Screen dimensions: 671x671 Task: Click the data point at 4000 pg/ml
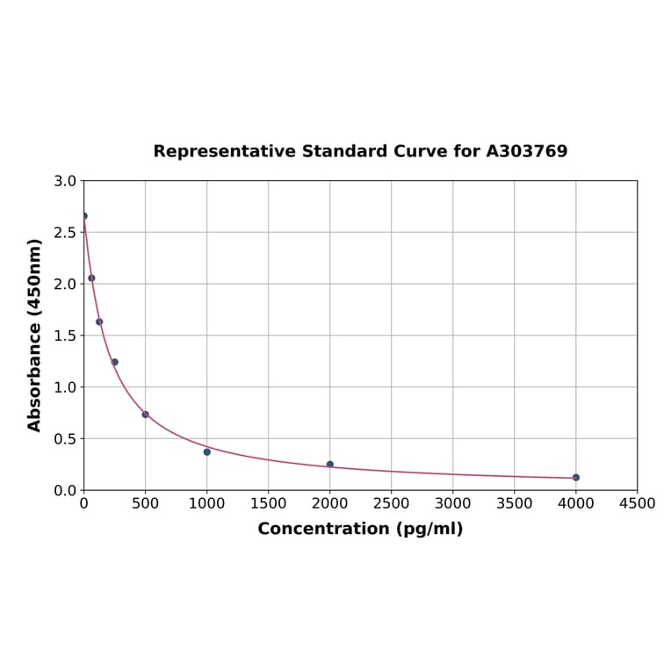click(x=575, y=478)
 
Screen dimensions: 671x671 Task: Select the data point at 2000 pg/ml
click(x=330, y=465)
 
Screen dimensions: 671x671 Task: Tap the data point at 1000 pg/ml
click(x=207, y=451)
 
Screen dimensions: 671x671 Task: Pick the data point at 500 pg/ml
click(x=146, y=415)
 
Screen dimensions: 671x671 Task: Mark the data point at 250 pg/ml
click(x=114, y=362)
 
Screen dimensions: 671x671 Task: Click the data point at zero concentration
click(x=84, y=216)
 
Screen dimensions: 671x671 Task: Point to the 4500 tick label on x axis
click(x=637, y=503)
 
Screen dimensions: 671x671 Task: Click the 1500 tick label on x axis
click(x=268, y=503)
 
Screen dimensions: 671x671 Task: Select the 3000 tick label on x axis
click(x=452, y=503)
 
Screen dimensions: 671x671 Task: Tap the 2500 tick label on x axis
click(x=391, y=503)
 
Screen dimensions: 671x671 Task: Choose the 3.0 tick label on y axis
click(x=65, y=181)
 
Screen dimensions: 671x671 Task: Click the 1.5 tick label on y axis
click(x=65, y=335)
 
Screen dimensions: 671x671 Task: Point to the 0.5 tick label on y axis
click(x=65, y=438)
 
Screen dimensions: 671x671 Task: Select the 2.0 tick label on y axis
click(x=65, y=284)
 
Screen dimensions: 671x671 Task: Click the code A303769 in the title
click(x=527, y=152)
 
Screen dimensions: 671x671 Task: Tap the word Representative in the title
click(x=224, y=152)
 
